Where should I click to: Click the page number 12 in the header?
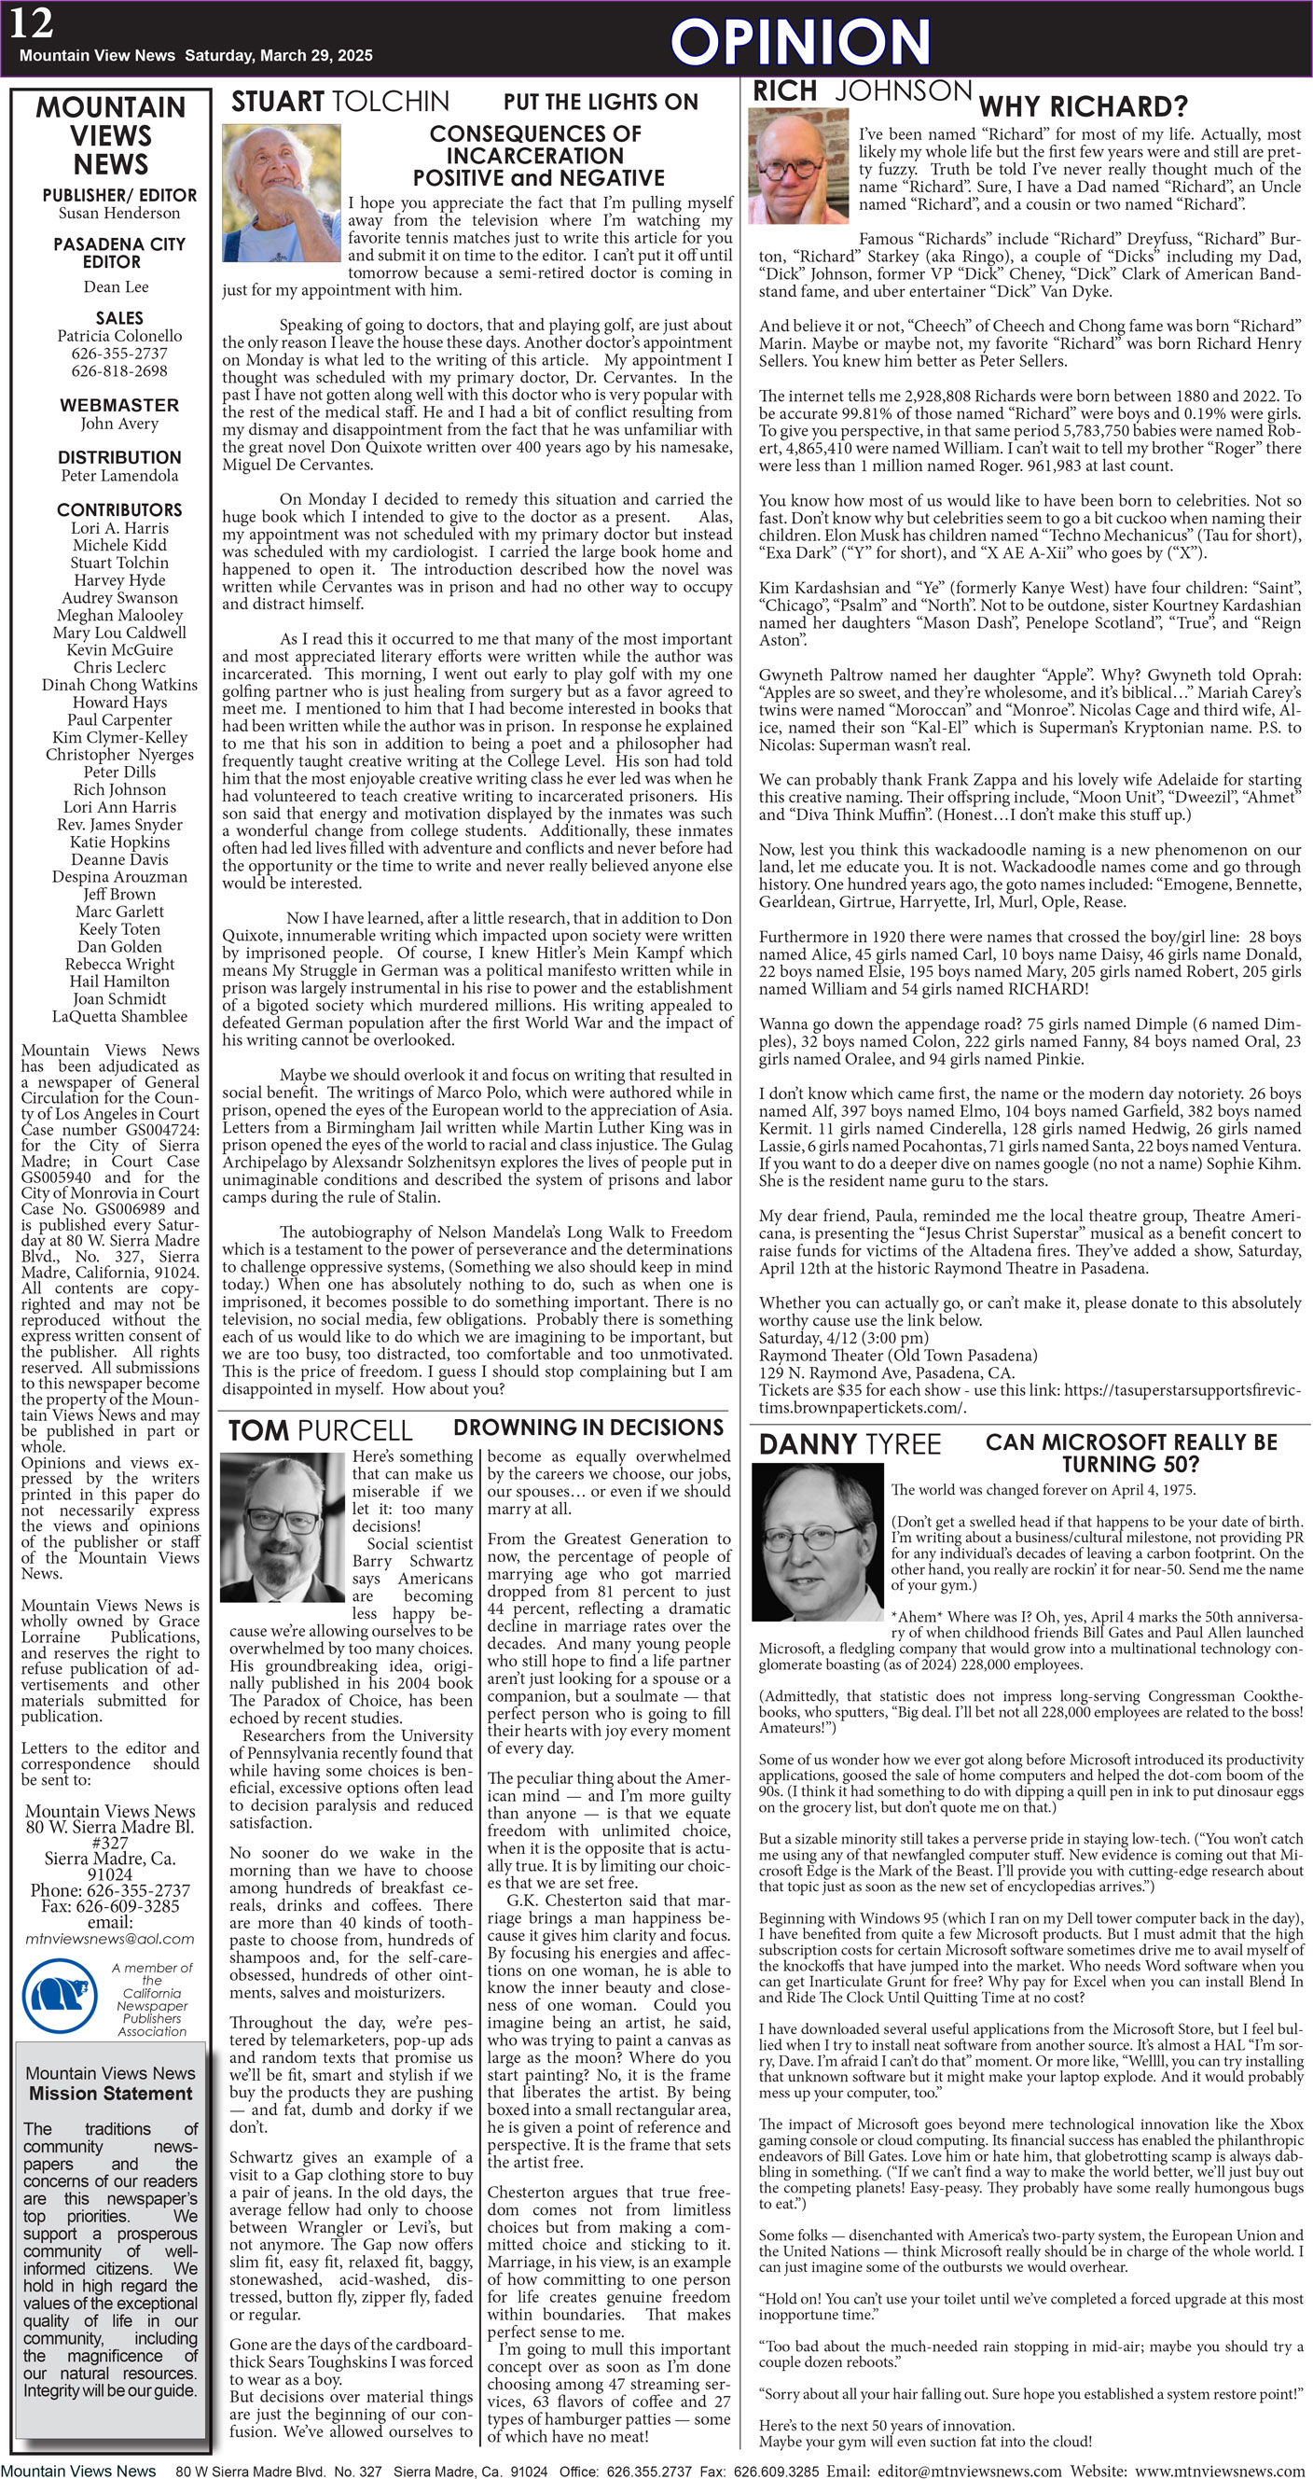[x=32, y=24]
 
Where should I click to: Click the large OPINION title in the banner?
[x=799, y=42]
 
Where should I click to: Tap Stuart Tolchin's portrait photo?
[x=280, y=192]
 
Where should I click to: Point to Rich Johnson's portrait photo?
[x=797, y=165]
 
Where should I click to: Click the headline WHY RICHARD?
[x=1082, y=105]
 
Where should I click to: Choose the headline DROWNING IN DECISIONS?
[x=587, y=1428]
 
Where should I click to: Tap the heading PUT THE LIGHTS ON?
[x=601, y=102]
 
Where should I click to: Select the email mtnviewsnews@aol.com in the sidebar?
[x=110, y=1939]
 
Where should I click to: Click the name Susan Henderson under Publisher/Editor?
[x=119, y=214]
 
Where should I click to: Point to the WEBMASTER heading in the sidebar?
[x=119, y=405]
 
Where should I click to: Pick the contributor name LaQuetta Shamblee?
[x=119, y=1016]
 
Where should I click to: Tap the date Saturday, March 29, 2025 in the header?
[x=278, y=56]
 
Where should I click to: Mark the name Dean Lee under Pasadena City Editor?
[x=116, y=286]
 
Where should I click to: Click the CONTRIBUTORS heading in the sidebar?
[x=119, y=510]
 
